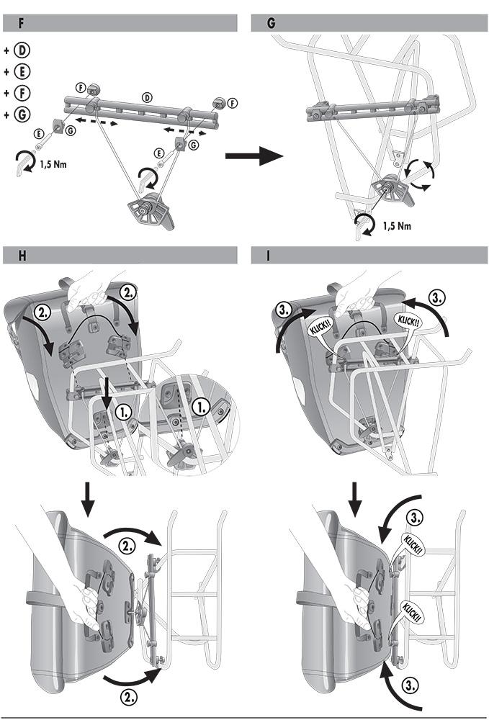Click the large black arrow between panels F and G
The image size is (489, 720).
click(254, 155)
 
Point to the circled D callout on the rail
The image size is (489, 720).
click(148, 96)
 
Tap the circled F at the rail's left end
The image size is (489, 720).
click(81, 88)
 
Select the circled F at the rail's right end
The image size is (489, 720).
click(232, 104)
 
